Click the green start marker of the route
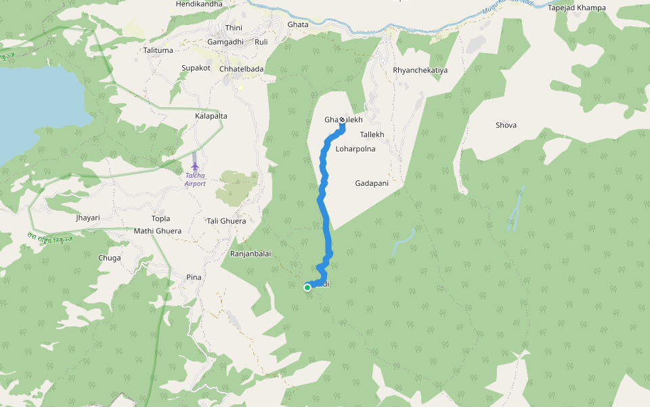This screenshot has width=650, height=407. (x=307, y=288)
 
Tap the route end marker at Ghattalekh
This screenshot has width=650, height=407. (x=342, y=120)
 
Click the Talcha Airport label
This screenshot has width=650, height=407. (x=195, y=180)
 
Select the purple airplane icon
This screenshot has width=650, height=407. (x=195, y=166)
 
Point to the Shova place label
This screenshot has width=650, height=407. (x=506, y=125)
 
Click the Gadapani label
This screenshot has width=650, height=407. (x=372, y=183)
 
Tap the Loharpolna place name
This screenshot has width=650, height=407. (x=355, y=149)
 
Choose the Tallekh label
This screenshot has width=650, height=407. (x=372, y=135)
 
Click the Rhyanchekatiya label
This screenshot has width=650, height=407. (x=420, y=71)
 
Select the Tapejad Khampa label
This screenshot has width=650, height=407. (x=577, y=8)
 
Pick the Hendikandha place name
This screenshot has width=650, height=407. (x=199, y=4)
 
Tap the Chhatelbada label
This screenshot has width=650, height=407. (x=242, y=69)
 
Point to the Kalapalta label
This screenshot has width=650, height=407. (x=211, y=116)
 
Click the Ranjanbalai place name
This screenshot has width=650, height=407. (x=251, y=254)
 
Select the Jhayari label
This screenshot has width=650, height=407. (x=88, y=218)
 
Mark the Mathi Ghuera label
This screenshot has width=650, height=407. (x=158, y=231)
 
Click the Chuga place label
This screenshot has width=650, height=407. (x=110, y=258)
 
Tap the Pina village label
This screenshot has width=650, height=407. (x=194, y=277)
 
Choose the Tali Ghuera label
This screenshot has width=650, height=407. (x=226, y=221)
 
